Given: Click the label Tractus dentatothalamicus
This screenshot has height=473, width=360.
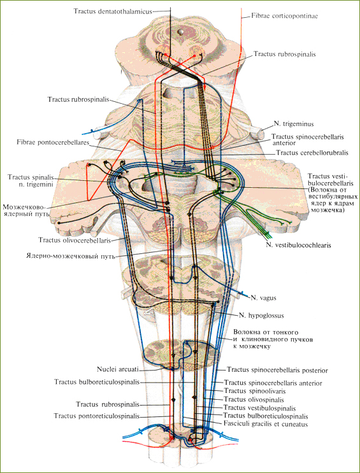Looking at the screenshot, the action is coord(113,11).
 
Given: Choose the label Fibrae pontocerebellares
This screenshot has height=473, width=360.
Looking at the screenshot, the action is coord(53,143).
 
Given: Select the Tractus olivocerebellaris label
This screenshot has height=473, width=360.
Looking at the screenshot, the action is coord(75,240).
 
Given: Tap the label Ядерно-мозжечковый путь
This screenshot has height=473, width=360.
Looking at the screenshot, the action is coord(71,257).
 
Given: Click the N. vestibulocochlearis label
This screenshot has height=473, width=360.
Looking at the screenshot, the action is coord(298,245).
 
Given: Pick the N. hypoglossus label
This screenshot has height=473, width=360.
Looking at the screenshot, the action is coord(261,316).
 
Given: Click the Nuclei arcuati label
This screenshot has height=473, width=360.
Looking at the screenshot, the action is coord(118,369).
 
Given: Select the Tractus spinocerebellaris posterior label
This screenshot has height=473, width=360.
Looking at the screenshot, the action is coord(277,370).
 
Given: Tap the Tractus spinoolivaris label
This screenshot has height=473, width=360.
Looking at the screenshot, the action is coord(255,392).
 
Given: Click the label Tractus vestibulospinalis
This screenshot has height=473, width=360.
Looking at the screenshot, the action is coord(260,408).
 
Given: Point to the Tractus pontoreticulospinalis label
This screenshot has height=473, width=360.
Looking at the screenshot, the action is coord(97,416).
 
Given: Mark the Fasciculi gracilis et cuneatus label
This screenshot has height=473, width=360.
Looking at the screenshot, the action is coord(266,424).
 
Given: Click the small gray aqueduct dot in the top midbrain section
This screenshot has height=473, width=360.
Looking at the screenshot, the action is coord(181,31).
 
